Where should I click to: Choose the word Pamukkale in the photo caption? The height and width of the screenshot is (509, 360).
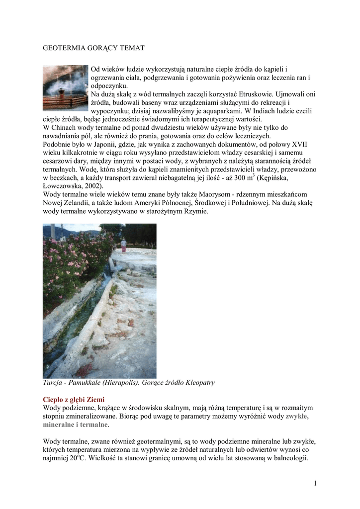tap(83, 383)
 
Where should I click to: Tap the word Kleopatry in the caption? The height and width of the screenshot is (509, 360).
tap(199, 383)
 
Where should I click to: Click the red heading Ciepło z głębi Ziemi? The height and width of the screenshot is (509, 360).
tap(74, 400)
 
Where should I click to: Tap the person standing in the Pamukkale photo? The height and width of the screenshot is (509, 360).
tap(123, 245)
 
